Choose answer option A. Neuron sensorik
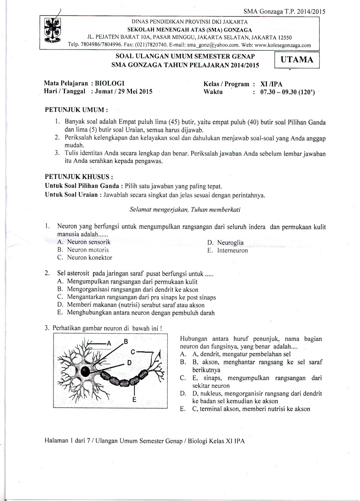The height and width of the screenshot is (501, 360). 84,242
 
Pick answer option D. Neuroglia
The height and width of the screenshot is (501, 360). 225,242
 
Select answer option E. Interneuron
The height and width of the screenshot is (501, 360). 227,250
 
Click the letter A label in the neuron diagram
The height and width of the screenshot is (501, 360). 109,343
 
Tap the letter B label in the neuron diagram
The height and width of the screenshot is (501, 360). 125,341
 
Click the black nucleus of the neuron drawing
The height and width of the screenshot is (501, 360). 85,372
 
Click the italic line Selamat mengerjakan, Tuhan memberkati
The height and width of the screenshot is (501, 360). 185,210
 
